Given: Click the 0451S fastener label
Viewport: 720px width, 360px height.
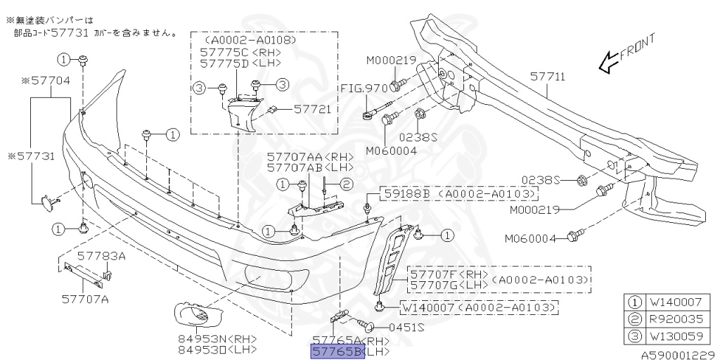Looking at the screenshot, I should [x=407, y=327].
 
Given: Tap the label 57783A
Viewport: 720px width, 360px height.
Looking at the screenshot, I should [x=101, y=256].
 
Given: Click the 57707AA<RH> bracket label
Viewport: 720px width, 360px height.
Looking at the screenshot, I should [x=304, y=158].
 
